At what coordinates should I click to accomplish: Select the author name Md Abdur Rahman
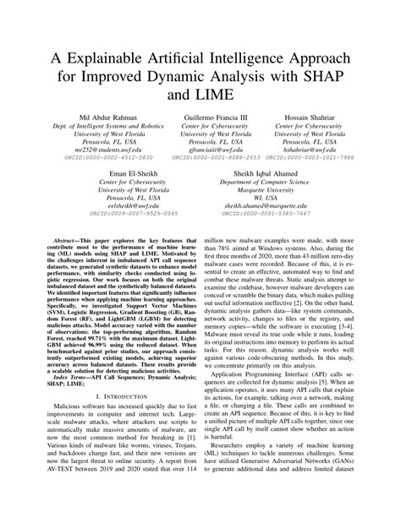coord(89,139)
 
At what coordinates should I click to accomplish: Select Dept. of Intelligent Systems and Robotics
coord(89,150)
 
